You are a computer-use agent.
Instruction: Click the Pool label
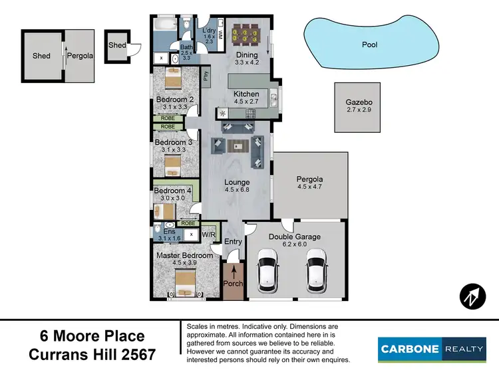(x=369, y=45)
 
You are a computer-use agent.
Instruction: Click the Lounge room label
(x=237, y=186)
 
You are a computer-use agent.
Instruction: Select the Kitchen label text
(x=246, y=98)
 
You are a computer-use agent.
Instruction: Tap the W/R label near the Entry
(x=208, y=234)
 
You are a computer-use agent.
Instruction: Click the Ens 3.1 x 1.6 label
(x=170, y=234)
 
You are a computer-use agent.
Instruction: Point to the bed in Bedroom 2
(x=173, y=81)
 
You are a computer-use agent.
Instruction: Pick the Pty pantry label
(x=206, y=75)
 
